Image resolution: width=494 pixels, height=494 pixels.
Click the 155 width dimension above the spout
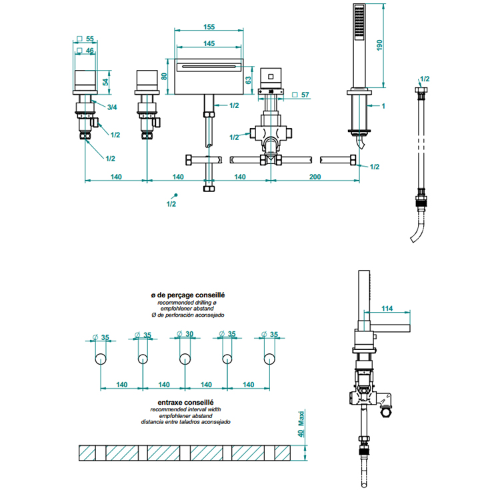click(x=209, y=27)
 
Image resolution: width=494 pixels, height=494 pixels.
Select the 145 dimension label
click(x=209, y=43)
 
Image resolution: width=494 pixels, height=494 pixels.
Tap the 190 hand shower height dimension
click(x=379, y=45)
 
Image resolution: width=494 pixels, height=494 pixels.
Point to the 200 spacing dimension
click(x=315, y=177)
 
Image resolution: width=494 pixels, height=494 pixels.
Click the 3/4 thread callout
click(x=112, y=107)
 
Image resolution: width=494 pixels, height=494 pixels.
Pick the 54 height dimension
click(x=105, y=82)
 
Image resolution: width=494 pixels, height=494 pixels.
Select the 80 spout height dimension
click(x=164, y=76)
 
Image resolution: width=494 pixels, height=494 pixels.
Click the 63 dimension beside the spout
click(x=249, y=80)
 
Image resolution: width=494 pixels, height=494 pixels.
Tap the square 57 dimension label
click(x=301, y=95)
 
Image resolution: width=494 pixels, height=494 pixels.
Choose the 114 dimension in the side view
click(x=387, y=309)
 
